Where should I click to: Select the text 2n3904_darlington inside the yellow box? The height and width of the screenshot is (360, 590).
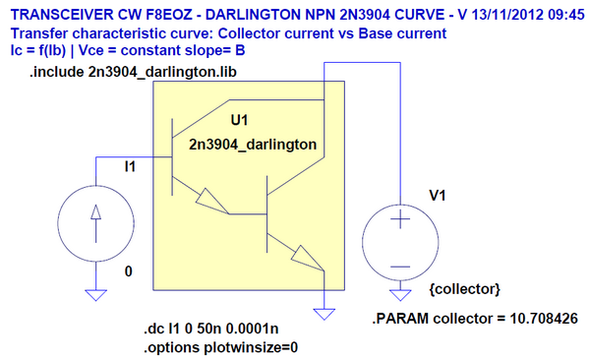tap(253, 144)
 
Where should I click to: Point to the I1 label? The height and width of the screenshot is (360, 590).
tap(130, 168)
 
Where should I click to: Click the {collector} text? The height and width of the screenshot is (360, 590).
tap(466, 289)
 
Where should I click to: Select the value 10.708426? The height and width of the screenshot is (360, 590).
tap(535, 319)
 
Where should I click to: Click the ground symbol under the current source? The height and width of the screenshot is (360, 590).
tap(95, 293)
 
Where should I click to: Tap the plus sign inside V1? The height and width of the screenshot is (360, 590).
tap(400, 221)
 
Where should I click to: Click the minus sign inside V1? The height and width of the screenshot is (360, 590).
tap(400, 264)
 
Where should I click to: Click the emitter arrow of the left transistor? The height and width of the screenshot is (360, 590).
tap(210, 202)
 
